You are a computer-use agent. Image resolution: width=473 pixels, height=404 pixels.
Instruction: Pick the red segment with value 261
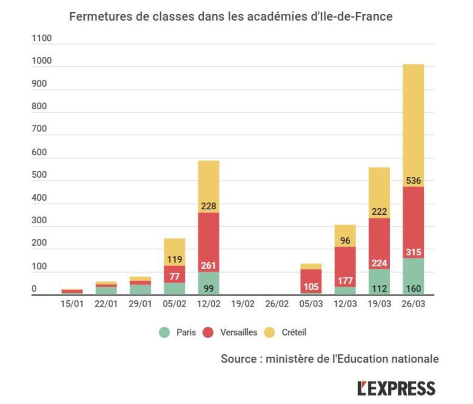[x=208, y=242]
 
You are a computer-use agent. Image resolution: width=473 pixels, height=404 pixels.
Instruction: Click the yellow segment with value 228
[x=208, y=186]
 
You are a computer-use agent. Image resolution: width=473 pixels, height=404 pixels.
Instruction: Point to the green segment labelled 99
[x=208, y=283]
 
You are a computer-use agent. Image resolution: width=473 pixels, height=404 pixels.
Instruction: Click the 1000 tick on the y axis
[x=39, y=61]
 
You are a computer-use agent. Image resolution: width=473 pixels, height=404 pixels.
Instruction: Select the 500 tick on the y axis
[x=39, y=175]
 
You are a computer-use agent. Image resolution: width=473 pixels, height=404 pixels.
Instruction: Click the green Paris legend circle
[x=165, y=333]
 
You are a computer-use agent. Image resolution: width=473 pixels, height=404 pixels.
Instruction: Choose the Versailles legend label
[x=238, y=333]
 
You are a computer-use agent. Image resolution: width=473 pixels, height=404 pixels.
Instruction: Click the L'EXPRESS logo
[x=396, y=388]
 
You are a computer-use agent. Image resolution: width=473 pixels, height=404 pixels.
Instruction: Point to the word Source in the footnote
[x=239, y=359]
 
